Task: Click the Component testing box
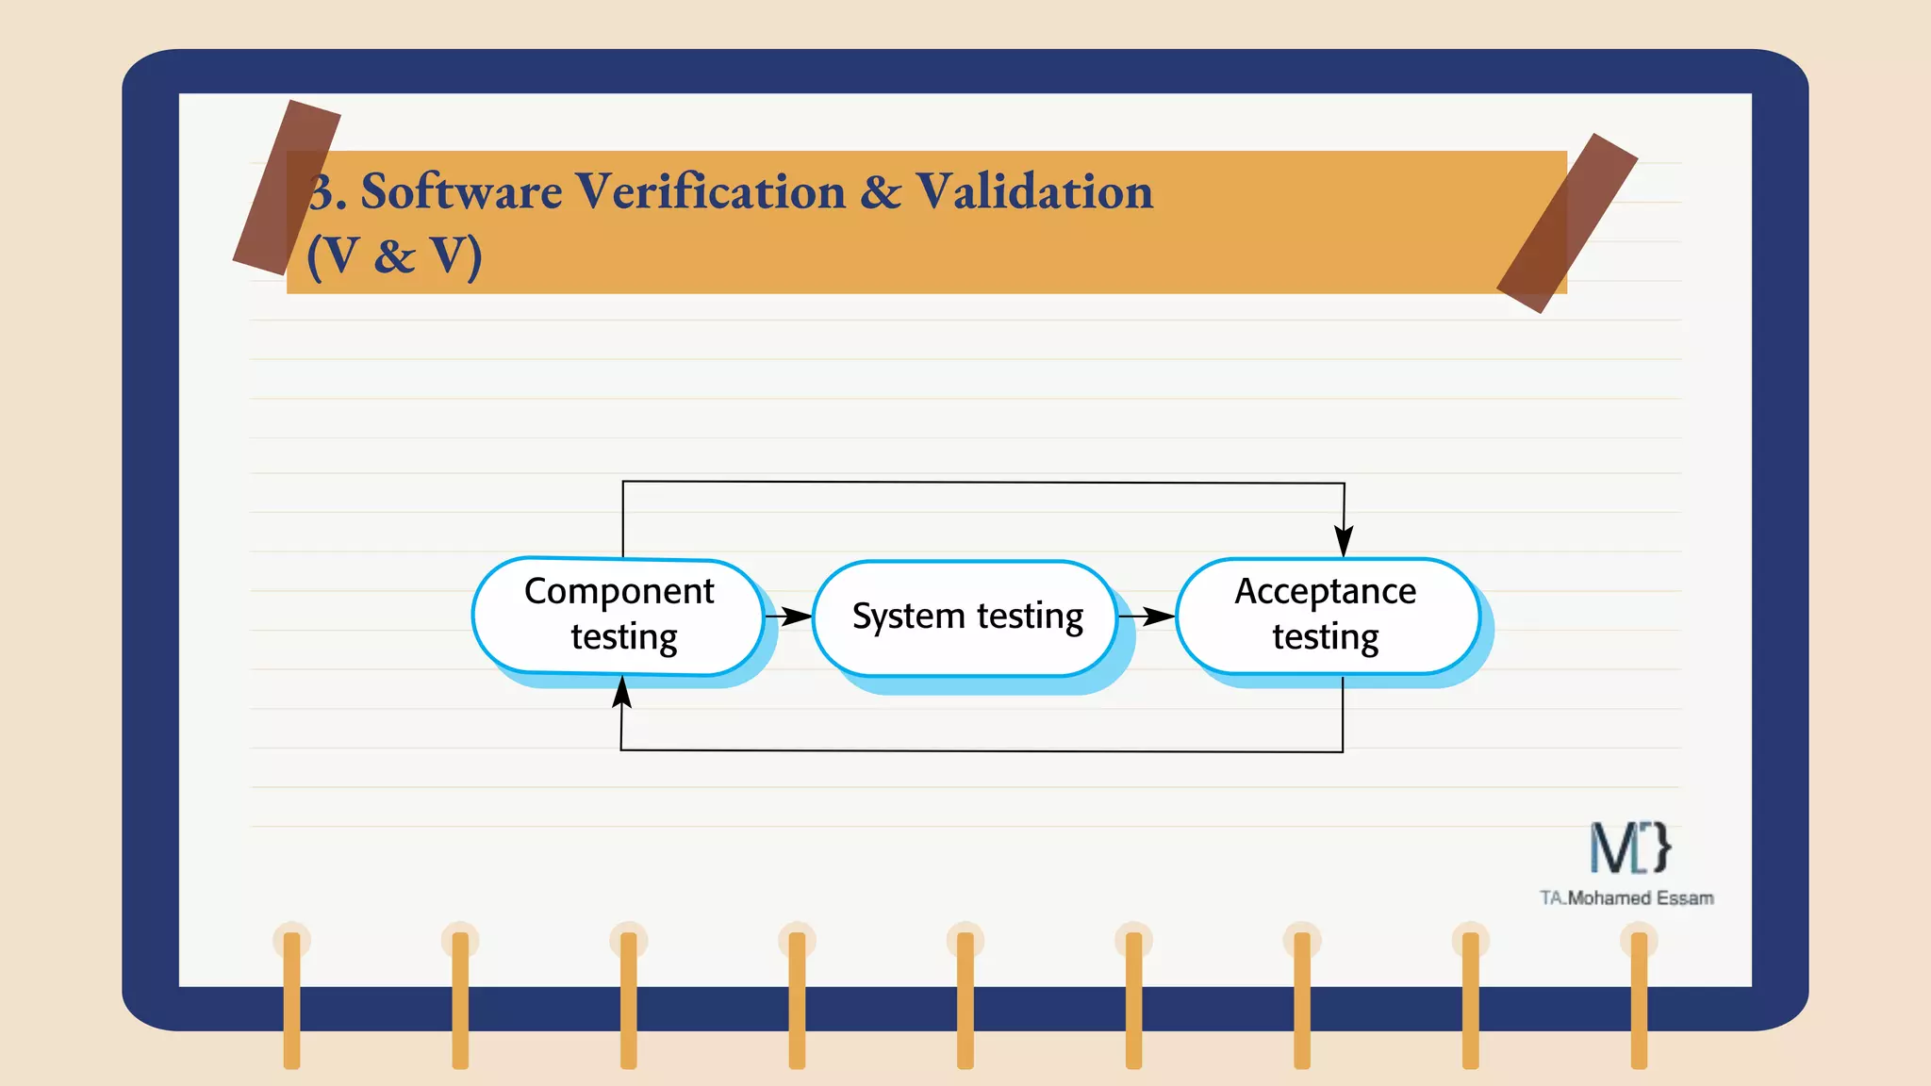click(619, 616)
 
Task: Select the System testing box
click(965, 617)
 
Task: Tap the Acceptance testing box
click(1327, 616)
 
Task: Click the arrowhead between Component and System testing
click(797, 617)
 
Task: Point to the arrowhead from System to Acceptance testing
click(1159, 617)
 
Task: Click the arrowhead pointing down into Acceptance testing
click(1344, 542)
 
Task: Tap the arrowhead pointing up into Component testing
click(621, 693)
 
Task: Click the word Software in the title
click(461, 191)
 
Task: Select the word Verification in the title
click(711, 191)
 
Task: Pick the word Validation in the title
click(1034, 191)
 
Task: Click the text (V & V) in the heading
click(394, 255)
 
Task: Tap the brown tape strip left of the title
click(286, 187)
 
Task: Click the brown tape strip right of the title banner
click(1566, 222)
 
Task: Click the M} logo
click(1629, 847)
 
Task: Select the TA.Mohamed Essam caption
click(1626, 897)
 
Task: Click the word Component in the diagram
click(619, 591)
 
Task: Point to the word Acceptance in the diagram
click(1325, 591)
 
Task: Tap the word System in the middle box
click(908, 617)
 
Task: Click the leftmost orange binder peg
click(291, 999)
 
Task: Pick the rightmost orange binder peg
click(1639, 999)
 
